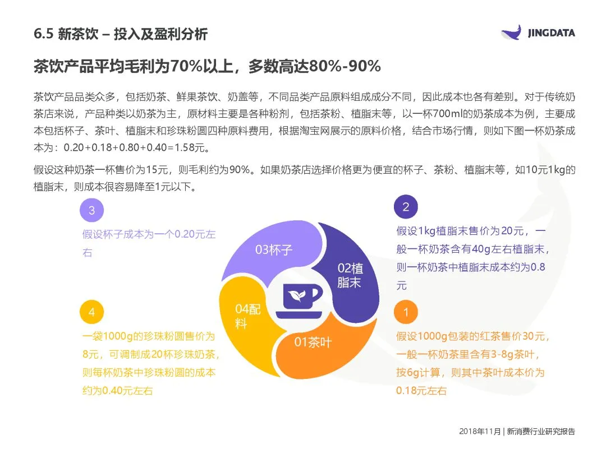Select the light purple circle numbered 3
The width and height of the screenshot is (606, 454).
91,211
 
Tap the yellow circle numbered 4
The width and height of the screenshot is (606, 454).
91,312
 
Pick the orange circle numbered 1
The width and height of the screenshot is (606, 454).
406,312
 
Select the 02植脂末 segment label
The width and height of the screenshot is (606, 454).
349,275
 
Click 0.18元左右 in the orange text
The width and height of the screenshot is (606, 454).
421,391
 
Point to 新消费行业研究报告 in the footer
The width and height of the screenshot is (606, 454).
541,432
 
